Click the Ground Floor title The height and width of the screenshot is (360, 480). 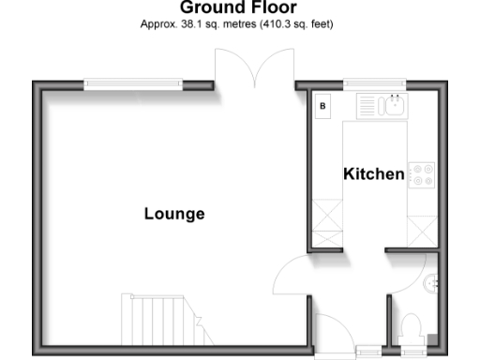pos(238,9)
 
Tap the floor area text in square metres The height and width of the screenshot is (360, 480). pos(238,24)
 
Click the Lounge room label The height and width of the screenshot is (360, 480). pos(174,214)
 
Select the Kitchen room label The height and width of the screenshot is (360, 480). pos(374,174)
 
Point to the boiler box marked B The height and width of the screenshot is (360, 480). pos(323,106)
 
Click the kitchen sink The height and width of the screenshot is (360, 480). pos(395,106)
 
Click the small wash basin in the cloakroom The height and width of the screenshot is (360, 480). pos(432,281)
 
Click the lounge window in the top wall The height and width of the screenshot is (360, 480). pos(131,85)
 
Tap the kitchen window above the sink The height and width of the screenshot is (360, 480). pos(374,85)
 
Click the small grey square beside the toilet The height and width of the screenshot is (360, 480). pos(431,338)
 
